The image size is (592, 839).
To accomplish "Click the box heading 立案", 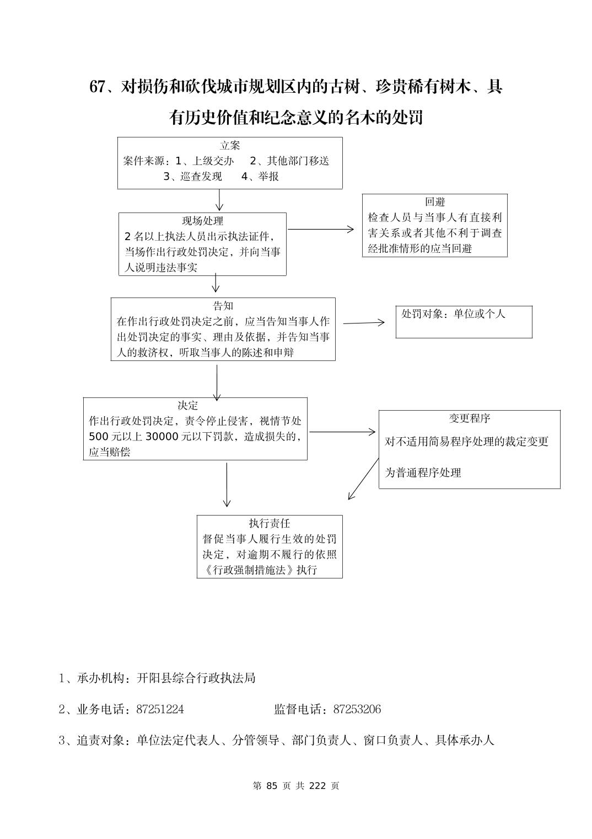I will (x=230, y=146).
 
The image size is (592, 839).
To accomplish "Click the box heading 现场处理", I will (x=202, y=221).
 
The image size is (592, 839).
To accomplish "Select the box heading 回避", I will (x=434, y=202).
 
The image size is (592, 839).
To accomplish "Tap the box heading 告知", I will (x=223, y=306).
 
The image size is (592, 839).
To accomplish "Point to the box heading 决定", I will (x=187, y=406).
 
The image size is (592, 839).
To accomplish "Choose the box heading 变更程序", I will (x=469, y=418).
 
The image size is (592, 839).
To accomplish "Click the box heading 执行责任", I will (x=269, y=523).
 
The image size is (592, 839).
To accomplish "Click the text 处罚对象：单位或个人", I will (x=453, y=314).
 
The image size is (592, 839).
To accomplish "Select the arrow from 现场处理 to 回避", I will (x=321, y=229).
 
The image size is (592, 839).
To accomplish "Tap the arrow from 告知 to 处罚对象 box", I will (x=364, y=323).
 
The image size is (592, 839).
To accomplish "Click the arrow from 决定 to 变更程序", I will (x=342, y=432).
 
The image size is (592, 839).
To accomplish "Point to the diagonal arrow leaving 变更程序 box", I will (x=364, y=478).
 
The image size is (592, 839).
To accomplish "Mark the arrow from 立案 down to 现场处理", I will (x=219, y=200).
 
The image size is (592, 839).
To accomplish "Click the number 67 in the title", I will (x=97, y=87).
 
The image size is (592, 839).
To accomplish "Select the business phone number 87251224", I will (x=160, y=709).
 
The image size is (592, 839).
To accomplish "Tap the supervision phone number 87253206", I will (x=357, y=709).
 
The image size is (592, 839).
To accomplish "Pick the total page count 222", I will (x=318, y=786).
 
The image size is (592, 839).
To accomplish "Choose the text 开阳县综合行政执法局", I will (x=196, y=678).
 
